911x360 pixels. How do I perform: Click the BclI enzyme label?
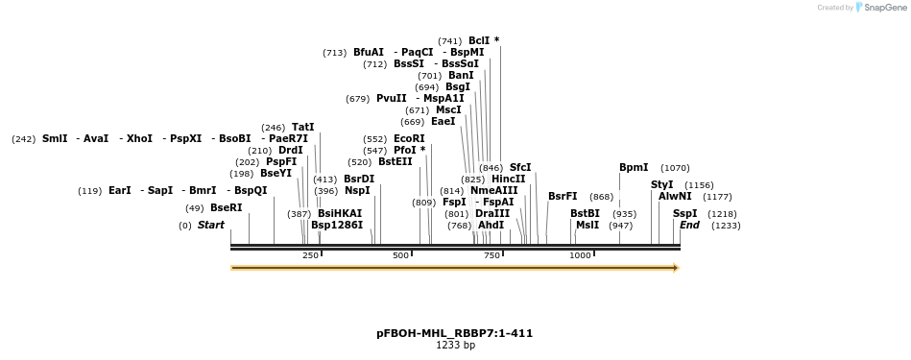point(479,40)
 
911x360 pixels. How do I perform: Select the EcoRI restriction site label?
point(409,139)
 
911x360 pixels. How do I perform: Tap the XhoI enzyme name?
point(139,139)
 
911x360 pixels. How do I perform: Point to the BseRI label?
point(227,208)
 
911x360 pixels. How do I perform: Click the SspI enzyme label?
point(684,214)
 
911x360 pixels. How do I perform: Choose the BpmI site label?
point(634,168)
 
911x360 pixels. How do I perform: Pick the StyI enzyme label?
point(662,184)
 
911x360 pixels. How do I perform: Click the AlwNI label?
point(675,197)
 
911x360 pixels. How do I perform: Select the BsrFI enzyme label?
point(563,197)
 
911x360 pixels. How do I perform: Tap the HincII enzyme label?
point(508,180)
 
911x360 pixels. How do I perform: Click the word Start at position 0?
point(211,226)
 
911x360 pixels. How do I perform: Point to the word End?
point(689,226)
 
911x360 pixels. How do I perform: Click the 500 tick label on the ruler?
point(401,255)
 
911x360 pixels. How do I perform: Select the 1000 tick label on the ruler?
point(580,255)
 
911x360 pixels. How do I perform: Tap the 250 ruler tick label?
point(311,255)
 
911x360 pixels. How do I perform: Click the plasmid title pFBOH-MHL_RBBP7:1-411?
point(454,334)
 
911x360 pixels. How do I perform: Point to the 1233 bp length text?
point(455,346)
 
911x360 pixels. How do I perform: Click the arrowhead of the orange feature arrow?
point(676,268)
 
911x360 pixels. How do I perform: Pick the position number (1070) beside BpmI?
point(675,168)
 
